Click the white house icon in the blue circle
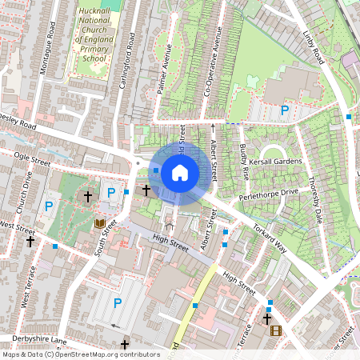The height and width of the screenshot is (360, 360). click(x=180, y=172)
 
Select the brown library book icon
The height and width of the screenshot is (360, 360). click(x=100, y=224)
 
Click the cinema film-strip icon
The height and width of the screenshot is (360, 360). click(x=276, y=330)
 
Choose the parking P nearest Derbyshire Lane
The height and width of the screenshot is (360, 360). click(x=118, y=302)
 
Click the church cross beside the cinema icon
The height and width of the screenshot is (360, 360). click(x=266, y=319)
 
